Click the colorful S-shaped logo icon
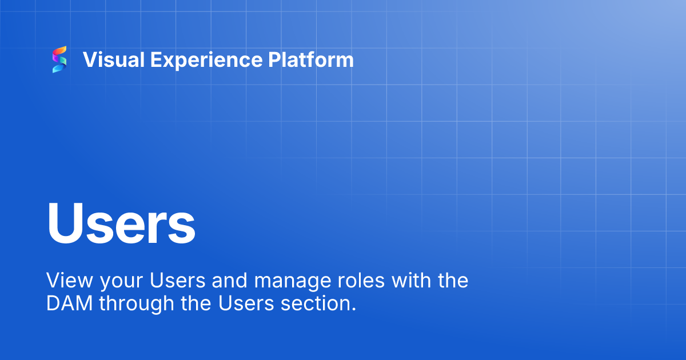pyautogui.click(x=59, y=59)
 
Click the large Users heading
pyautogui.click(x=121, y=223)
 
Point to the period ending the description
pyautogui.click(x=353, y=309)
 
